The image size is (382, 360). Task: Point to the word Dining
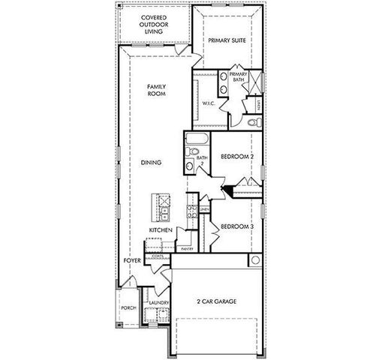[151, 162]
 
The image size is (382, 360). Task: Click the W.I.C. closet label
[208, 104]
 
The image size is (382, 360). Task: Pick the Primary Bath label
[239, 76]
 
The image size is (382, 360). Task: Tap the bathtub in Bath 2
[197, 139]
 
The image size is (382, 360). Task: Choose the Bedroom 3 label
[236, 225]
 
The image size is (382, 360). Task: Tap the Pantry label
[186, 247]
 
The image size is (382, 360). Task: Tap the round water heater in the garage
[255, 260]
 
